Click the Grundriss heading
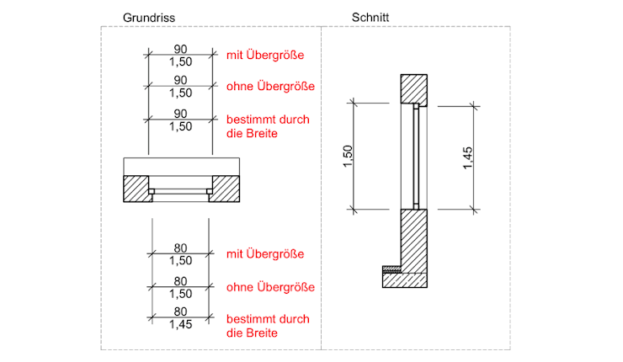point(148,17)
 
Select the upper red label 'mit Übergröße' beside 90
point(264,56)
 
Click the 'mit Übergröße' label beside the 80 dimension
point(264,254)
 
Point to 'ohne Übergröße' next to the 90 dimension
point(269,86)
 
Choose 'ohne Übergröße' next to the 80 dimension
point(269,287)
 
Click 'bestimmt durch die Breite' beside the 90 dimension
point(261,125)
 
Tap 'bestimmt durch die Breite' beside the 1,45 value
point(261,326)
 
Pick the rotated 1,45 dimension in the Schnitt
point(468,157)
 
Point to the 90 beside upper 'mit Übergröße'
point(180,49)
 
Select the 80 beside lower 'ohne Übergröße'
point(180,281)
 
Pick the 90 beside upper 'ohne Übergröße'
point(180,80)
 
